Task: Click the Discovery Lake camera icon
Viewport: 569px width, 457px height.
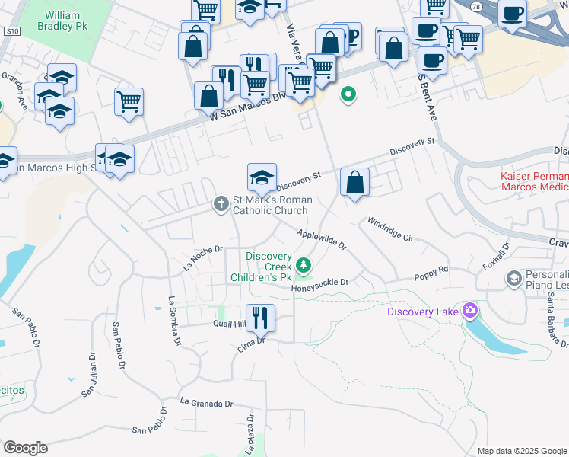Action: coord(470,310)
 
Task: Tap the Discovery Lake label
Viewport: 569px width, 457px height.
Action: coord(424,311)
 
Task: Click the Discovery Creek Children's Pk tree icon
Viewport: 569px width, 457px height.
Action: coord(304,265)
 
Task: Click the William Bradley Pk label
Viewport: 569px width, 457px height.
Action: coord(68,21)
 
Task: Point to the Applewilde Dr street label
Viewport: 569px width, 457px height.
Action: coord(322,241)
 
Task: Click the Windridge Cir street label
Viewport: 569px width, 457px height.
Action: coord(389,229)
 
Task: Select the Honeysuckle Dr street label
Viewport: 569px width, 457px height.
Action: coord(319,283)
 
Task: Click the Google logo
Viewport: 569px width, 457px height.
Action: coord(25,447)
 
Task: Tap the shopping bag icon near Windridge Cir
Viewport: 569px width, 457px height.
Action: coord(354,183)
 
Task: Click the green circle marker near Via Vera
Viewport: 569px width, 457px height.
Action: coord(348,95)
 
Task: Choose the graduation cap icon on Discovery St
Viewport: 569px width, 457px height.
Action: coord(262,177)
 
